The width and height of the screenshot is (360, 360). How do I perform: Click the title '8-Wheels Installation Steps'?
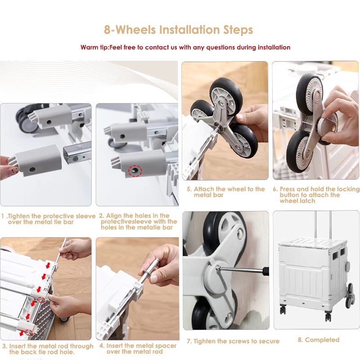click(x=178, y=30)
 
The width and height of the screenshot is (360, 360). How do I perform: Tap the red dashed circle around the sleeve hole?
click(x=135, y=171)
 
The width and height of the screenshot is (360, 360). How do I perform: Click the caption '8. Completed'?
click(x=319, y=340)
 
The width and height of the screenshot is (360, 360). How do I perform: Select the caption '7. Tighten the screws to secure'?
click(x=233, y=341)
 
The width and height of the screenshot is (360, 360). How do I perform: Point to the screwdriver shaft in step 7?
click(x=241, y=269)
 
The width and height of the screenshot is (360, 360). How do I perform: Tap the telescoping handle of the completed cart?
click(x=323, y=225)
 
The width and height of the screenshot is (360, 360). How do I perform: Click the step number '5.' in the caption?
click(x=189, y=189)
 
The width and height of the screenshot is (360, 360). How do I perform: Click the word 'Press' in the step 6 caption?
click(x=287, y=189)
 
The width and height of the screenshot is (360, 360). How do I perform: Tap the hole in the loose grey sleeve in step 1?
click(x=32, y=170)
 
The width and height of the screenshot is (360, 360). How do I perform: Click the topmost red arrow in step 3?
click(x=48, y=265)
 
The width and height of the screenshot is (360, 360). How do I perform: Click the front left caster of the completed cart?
click(x=283, y=310)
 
